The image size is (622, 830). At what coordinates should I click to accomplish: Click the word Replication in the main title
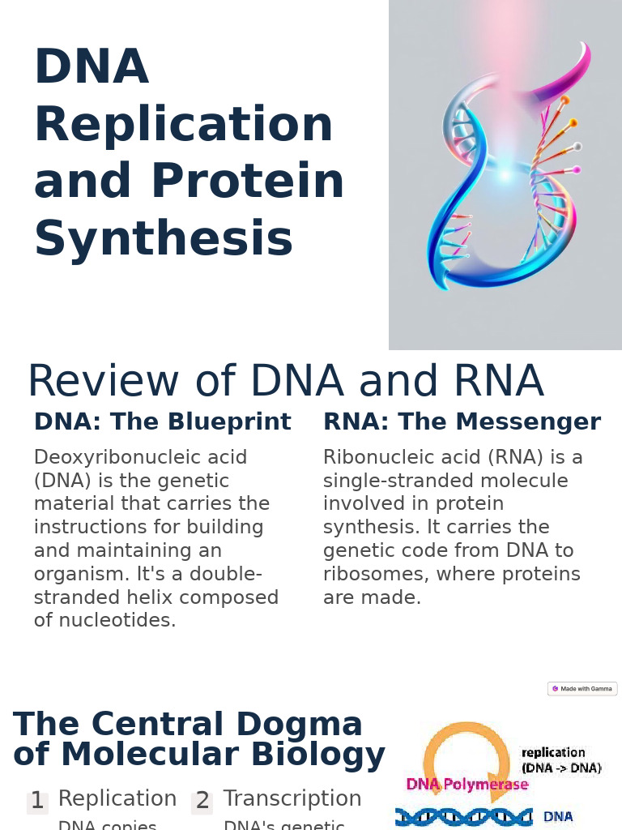click(183, 125)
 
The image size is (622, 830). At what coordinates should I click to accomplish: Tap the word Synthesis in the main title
click(163, 239)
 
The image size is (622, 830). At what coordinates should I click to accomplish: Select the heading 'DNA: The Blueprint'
click(162, 422)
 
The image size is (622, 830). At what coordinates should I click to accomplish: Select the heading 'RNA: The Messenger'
click(462, 422)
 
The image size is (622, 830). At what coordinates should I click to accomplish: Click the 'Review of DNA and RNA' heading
click(285, 382)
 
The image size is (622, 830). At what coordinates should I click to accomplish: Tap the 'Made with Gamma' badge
click(582, 689)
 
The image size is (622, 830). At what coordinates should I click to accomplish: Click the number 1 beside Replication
click(37, 801)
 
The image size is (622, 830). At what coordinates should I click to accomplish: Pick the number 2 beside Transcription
click(202, 801)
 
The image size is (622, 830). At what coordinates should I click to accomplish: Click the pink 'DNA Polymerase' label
click(467, 785)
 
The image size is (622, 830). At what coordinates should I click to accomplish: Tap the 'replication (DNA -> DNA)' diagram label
click(561, 760)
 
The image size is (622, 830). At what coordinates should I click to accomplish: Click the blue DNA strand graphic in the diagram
click(463, 817)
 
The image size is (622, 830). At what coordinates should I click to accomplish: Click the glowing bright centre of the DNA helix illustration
click(505, 174)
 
